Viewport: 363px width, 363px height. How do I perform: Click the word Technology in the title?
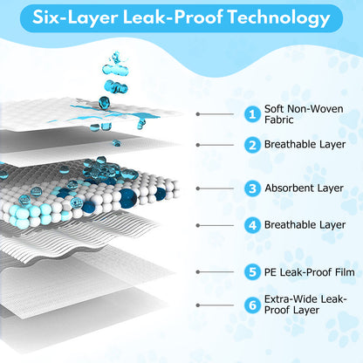[278, 17]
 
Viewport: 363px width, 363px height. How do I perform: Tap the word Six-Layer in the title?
[75, 17]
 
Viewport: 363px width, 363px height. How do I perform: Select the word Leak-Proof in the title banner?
[173, 17]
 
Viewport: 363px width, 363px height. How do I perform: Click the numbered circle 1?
[252, 114]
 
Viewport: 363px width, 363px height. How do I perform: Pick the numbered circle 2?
[252, 145]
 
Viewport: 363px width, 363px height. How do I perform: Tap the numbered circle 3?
[252, 188]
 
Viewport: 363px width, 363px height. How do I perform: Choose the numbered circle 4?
[252, 225]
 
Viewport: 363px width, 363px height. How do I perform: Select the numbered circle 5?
[252, 272]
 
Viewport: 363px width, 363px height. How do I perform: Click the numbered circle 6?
[252, 305]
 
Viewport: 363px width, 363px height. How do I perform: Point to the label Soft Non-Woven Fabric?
[304, 114]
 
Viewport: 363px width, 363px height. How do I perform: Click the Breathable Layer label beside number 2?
[305, 144]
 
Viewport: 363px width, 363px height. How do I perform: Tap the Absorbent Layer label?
[304, 188]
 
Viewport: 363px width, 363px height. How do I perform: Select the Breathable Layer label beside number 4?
[305, 225]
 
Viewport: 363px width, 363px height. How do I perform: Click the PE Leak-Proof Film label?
[310, 272]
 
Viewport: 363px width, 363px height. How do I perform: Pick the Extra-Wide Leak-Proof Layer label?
[305, 305]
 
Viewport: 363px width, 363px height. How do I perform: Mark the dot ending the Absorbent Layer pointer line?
[198, 188]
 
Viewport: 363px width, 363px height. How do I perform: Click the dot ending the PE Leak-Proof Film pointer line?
[198, 272]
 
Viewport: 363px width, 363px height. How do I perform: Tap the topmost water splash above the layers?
[116, 58]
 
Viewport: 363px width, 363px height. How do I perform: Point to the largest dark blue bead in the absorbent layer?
[128, 198]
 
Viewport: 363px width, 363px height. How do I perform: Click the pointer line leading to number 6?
[216, 305]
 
